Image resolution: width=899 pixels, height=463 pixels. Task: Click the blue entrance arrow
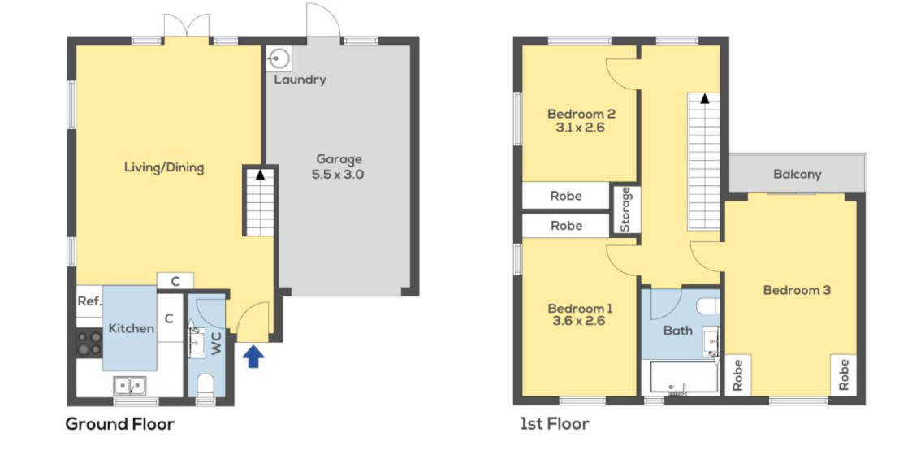tap(253, 357)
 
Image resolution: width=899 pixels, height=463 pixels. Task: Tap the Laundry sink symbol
tap(279, 58)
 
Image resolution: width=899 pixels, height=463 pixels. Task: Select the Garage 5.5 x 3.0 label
tap(339, 167)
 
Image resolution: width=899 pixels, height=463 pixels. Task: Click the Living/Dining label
tap(164, 167)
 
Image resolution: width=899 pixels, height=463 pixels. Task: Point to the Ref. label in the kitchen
tap(90, 301)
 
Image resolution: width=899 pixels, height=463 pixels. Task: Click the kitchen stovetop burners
tap(89, 343)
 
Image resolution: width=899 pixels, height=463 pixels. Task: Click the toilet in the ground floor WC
tap(205, 383)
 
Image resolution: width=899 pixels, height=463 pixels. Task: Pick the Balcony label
tap(797, 174)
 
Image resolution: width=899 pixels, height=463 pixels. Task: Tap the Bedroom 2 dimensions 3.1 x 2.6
tap(580, 128)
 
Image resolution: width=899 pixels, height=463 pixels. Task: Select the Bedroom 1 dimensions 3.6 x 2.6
tap(578, 321)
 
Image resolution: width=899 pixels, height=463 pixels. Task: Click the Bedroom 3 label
tap(797, 290)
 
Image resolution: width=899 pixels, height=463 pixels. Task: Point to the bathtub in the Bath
tap(684, 377)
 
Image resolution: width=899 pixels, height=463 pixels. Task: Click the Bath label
tap(677, 331)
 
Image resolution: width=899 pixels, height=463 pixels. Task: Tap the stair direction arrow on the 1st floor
tap(705, 98)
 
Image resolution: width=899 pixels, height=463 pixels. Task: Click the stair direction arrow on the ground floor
tap(260, 175)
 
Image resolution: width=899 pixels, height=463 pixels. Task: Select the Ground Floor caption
tap(120, 424)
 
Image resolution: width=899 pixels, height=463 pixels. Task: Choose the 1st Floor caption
tap(555, 424)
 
